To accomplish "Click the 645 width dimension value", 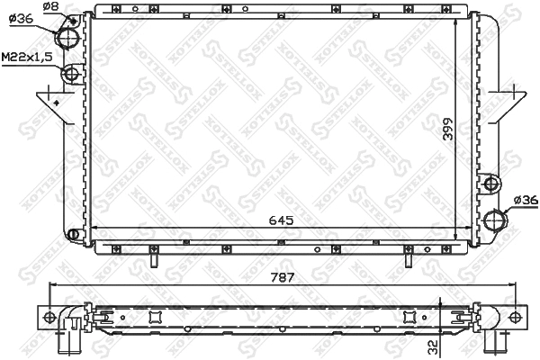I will coord(281,219).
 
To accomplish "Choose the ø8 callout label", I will coord(51,6).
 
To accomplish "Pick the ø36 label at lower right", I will coord(524,200).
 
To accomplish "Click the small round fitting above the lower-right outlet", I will coord(491,184).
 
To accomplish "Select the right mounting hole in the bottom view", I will coord(514,317).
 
